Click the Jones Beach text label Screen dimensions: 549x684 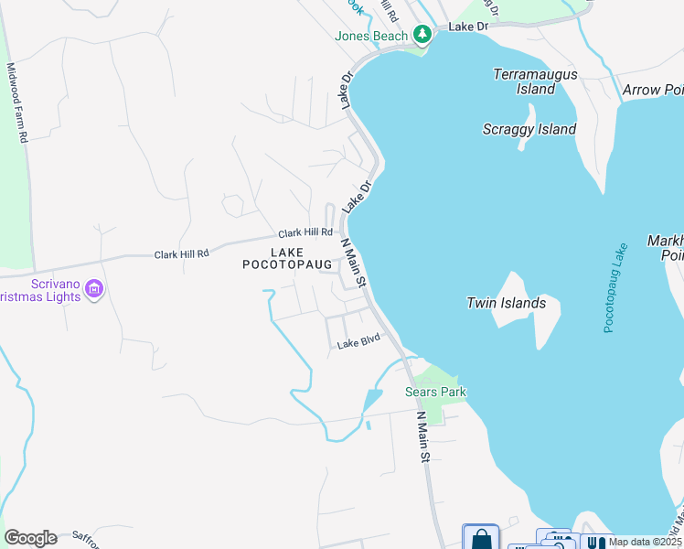(371, 37)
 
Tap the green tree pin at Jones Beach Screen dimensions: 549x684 (422, 35)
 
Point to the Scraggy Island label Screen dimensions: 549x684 (529, 129)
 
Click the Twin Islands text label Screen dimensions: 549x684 (506, 303)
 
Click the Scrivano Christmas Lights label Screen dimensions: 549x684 (40, 291)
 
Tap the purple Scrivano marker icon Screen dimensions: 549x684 (93, 291)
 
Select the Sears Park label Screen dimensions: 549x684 (435, 393)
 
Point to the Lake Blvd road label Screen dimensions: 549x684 (358, 343)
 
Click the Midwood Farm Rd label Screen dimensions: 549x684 (17, 102)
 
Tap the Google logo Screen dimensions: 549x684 (30, 538)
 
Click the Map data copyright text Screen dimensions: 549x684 (646, 542)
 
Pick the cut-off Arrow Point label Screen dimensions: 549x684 (653, 90)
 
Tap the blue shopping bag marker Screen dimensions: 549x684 (481, 538)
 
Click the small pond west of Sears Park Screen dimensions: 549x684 (371, 401)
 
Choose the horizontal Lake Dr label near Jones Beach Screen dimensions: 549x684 (468, 27)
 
